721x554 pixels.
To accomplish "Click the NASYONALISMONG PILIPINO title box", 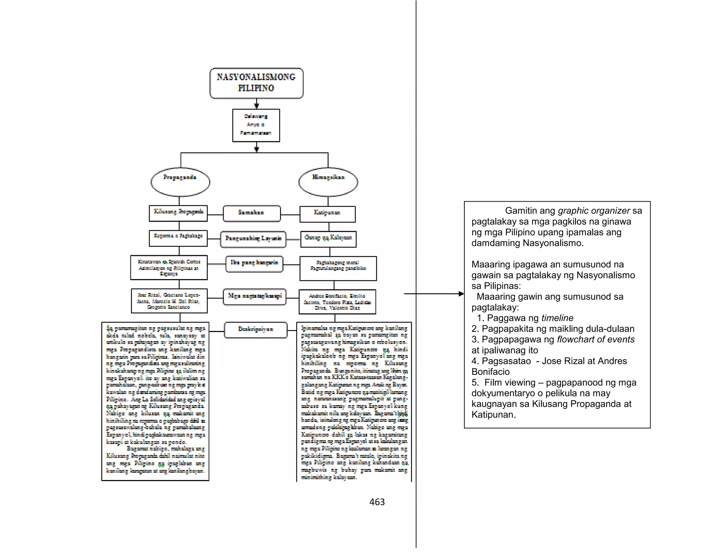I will [256, 83].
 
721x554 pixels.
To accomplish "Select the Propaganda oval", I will [180, 182].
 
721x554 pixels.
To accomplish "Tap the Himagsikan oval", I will [328, 182].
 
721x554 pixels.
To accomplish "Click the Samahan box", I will [252, 213].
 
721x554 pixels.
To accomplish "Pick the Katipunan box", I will [327, 214].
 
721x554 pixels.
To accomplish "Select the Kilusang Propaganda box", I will [178, 213].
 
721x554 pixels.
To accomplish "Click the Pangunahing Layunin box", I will [253, 239].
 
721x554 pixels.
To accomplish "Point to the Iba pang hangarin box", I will [254, 264].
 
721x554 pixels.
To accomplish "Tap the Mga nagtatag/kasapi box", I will [255, 297].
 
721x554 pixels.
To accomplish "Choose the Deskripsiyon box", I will [256, 330].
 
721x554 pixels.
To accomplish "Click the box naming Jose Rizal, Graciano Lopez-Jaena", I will [169, 301].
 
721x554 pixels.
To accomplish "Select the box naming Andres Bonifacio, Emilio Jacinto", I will [337, 302].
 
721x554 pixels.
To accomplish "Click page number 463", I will [377, 502].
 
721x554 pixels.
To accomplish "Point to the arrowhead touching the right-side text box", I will [462, 294].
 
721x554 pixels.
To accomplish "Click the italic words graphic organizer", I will [594, 211].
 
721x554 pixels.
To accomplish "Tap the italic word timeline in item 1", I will [557, 318].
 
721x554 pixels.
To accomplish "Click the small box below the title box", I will [256, 125].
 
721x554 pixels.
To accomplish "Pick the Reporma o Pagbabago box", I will [178, 238].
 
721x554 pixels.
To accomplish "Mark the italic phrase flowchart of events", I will [596, 339].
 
